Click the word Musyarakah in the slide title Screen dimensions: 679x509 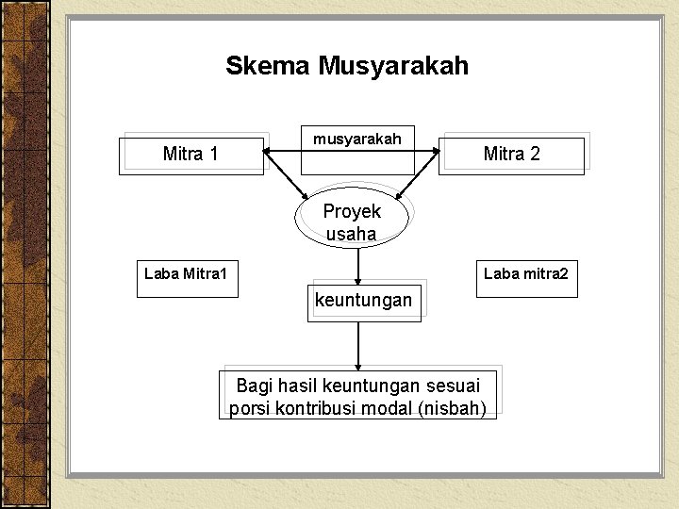coord(393,66)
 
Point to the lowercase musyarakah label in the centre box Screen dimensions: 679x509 coord(357,140)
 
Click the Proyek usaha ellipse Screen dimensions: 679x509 coord(352,222)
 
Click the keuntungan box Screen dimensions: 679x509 coord(363,302)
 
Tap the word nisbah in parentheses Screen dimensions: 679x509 coord(456,409)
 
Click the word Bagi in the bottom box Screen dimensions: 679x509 coord(254,386)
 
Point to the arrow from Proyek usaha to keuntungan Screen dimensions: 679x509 coord(358,264)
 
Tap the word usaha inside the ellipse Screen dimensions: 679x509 coord(351,234)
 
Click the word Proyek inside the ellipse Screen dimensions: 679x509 coord(352,211)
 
